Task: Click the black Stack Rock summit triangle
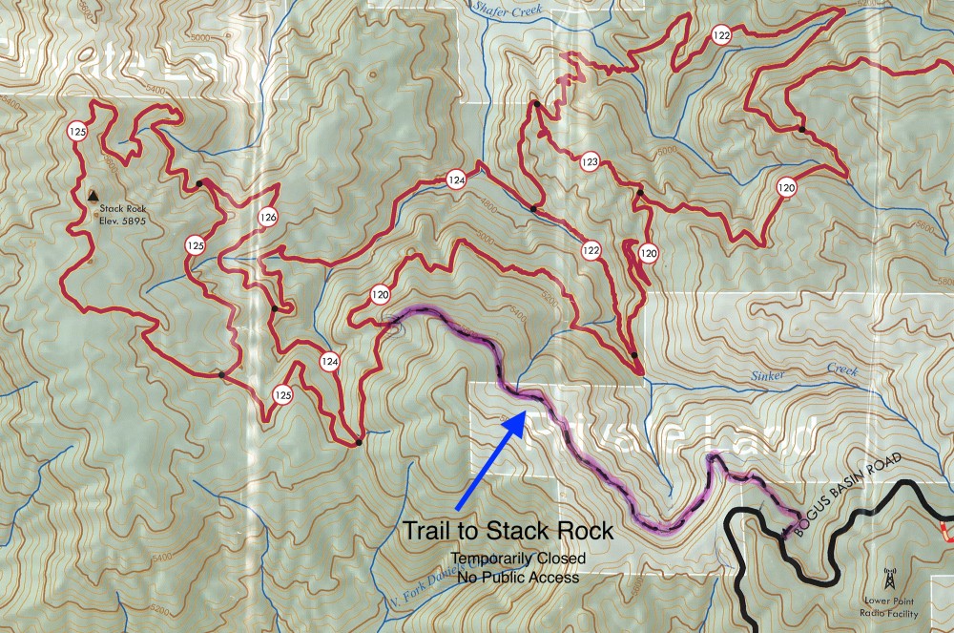tap(93, 195)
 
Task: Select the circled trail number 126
tap(267, 218)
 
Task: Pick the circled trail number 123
tap(590, 163)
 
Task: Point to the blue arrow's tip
tap(524, 412)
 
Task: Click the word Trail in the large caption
tap(425, 530)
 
